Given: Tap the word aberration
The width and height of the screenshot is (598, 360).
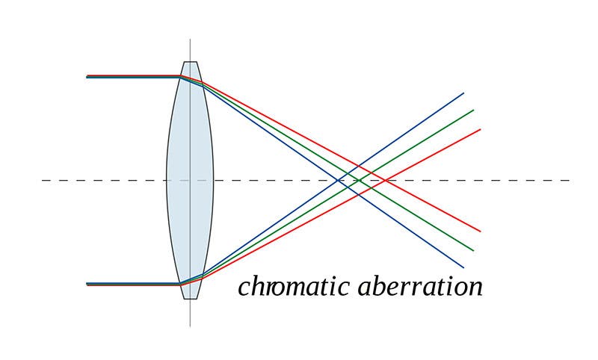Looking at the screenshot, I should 421,286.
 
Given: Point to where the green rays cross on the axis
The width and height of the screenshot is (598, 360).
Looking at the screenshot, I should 359,180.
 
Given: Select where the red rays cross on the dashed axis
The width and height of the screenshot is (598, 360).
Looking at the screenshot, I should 383,180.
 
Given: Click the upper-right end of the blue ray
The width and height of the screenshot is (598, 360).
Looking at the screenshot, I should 463,93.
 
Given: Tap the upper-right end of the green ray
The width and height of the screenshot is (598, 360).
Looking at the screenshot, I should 473,110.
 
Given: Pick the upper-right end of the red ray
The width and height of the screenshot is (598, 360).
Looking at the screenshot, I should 480,129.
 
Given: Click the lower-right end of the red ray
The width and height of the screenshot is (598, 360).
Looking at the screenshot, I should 480,231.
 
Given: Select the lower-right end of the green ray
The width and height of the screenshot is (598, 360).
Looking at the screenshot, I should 473,250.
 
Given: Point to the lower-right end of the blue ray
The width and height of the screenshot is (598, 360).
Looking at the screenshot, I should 463,267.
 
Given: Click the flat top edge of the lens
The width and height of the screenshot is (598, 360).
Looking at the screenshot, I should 190,61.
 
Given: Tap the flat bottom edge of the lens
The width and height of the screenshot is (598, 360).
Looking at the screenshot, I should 190,299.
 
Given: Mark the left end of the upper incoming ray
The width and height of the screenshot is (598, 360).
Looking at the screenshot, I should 87,76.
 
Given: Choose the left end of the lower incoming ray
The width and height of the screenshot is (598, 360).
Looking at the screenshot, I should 87,284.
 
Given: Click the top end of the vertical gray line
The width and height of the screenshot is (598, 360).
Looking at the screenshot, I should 190,40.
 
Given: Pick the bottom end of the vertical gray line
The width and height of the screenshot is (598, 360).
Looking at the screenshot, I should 190,326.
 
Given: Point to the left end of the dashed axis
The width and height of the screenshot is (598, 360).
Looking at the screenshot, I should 43,180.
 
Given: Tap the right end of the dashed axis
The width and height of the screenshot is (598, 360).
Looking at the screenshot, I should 570,180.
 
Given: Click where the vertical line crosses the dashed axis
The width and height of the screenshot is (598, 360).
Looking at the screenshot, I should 190,180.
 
